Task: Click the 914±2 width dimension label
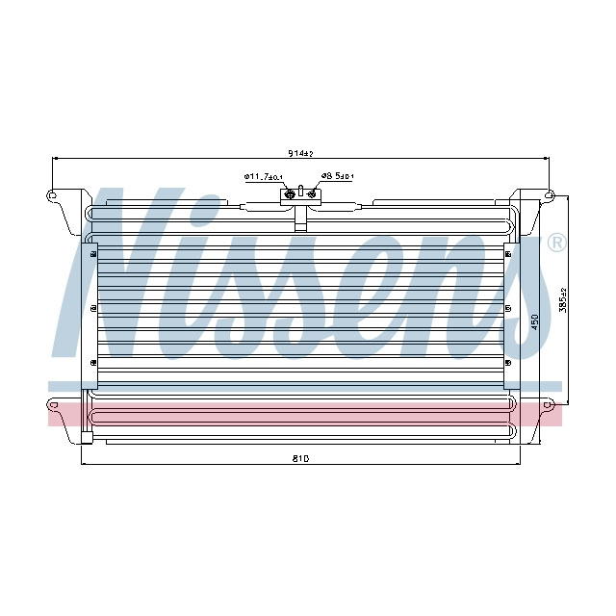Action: [x=300, y=153]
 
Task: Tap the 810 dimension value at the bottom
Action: [x=300, y=458]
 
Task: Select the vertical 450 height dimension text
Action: [x=535, y=321]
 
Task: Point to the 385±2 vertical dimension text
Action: [x=563, y=300]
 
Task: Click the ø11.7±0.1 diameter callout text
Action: [x=264, y=177]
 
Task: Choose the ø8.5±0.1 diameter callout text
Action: [x=337, y=176]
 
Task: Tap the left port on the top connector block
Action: [x=290, y=193]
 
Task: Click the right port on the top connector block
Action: [x=312, y=193]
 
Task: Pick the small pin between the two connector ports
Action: [x=301, y=191]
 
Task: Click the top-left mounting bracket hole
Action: [x=51, y=194]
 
